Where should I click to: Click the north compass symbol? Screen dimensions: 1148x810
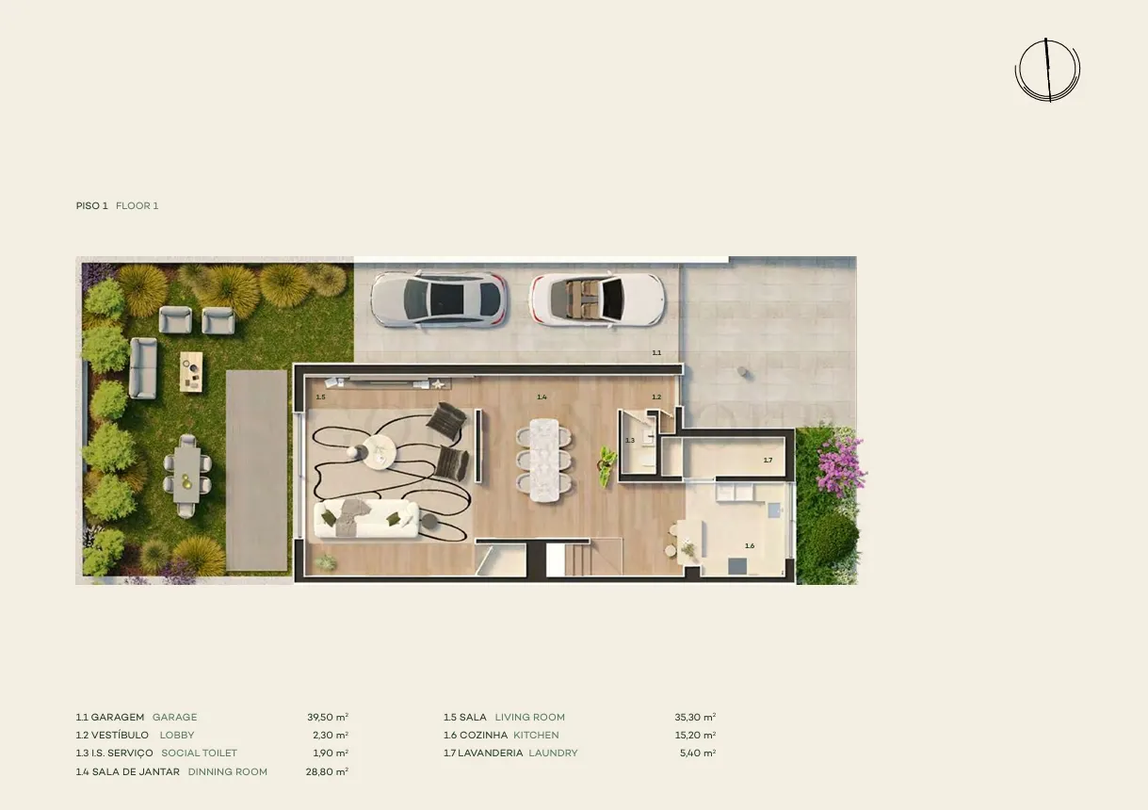pos(1048,71)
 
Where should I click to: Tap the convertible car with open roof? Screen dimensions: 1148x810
pos(598,300)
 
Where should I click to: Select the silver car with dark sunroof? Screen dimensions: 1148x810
pos(439,300)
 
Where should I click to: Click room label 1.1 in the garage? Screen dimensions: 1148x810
pos(656,352)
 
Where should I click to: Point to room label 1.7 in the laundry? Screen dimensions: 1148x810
pos(768,460)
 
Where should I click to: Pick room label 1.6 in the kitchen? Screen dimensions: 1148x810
pos(750,546)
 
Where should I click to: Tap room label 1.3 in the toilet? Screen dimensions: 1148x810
pos(630,441)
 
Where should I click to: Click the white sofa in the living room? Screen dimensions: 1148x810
pos(366,519)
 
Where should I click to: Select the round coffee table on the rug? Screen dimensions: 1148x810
pos(380,451)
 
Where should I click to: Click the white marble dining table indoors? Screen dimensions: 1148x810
pos(544,460)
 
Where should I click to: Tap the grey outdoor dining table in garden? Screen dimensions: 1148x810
pos(186,475)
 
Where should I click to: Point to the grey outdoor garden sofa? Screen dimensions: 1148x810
pos(143,367)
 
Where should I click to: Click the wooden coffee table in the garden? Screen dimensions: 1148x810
pos(191,372)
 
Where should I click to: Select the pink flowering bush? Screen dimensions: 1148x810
pos(840,464)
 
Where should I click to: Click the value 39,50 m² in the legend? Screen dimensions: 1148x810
pos(328,717)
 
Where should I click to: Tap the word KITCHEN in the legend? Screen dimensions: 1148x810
pos(536,736)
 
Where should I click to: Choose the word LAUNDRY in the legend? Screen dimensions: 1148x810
pos(553,753)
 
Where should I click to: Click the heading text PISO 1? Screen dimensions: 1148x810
pos(91,206)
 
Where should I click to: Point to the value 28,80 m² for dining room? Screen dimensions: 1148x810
pos(327,771)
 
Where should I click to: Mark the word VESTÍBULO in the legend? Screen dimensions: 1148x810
pos(120,736)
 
